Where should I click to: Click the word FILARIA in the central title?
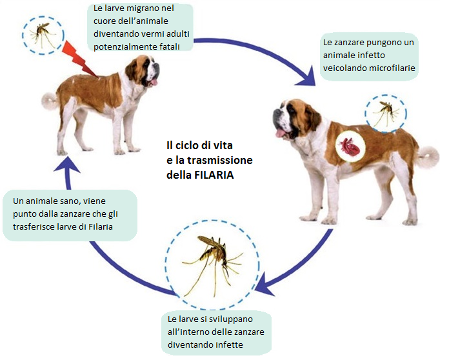pyautogui.click(x=214, y=175)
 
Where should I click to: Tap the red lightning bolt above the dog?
pyautogui.click(x=79, y=59)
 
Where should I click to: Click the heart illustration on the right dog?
pyautogui.click(x=350, y=146)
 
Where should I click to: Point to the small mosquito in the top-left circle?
pyautogui.click(x=43, y=35)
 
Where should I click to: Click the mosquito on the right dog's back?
pyautogui.click(x=385, y=114)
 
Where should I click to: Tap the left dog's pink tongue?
pyautogui.click(x=154, y=83)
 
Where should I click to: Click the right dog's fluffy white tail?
pyautogui.click(x=428, y=156)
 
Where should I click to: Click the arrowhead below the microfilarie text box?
pyautogui.click(x=307, y=76)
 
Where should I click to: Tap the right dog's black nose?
pyautogui.click(x=275, y=114)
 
